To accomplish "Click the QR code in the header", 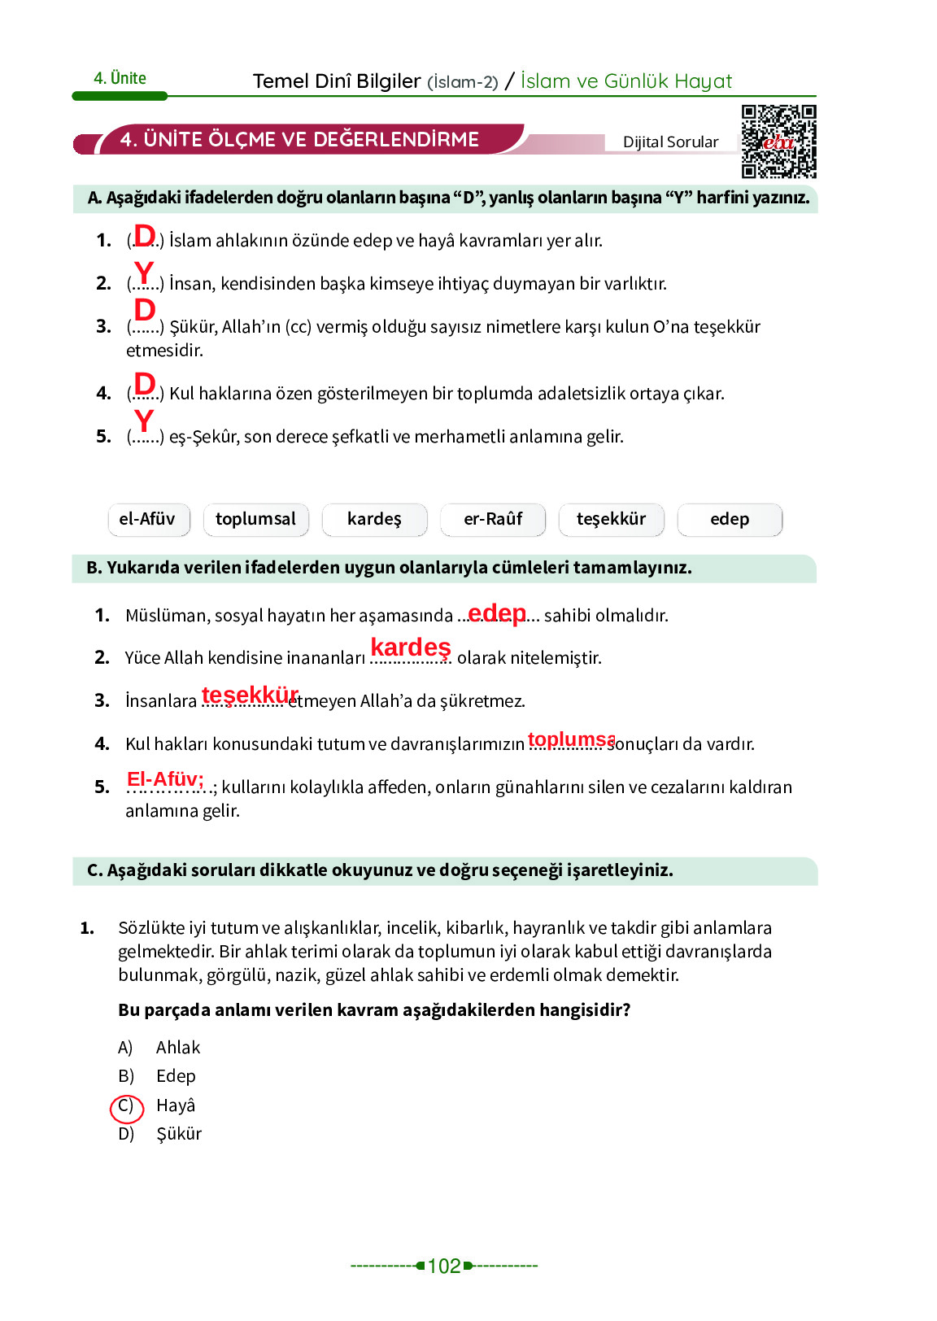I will [x=778, y=141].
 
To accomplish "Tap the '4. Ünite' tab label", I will [x=120, y=79].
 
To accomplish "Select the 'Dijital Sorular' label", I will [x=670, y=142].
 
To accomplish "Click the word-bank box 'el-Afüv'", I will [x=148, y=520].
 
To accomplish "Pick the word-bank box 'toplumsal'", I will [x=255, y=520].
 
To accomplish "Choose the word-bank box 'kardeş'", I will [x=374, y=520].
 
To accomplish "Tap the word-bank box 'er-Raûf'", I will [x=493, y=520].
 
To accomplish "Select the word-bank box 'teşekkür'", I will [x=611, y=520].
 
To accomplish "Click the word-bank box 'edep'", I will [x=730, y=520].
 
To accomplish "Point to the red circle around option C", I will [x=126, y=1107].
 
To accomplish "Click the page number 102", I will [x=444, y=1266].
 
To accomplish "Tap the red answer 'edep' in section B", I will [x=497, y=613].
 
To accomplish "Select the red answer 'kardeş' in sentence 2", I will [x=411, y=647].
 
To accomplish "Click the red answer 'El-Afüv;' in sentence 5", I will [x=165, y=779].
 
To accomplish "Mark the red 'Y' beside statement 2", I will [x=144, y=272].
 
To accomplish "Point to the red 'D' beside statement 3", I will [x=145, y=310].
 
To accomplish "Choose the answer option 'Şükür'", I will [x=179, y=1134].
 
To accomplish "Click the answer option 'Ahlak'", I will [x=178, y=1048].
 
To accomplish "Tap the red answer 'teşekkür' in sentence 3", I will [x=251, y=695].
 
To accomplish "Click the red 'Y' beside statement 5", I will [x=144, y=421].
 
